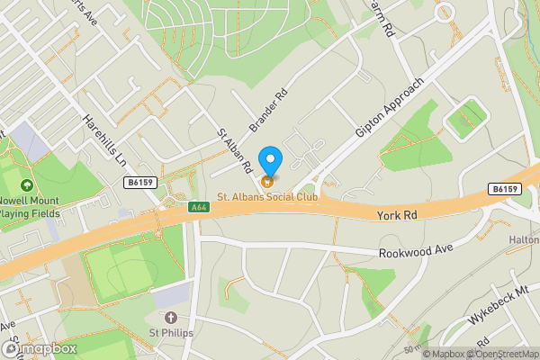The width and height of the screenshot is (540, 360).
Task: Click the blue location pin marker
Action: pyautogui.click(x=270, y=162)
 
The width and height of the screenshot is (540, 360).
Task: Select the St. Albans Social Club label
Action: pyautogui.click(x=267, y=196)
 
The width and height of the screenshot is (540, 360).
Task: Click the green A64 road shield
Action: pyautogui.click(x=199, y=207)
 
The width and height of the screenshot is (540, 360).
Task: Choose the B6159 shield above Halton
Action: pyautogui.click(x=506, y=189)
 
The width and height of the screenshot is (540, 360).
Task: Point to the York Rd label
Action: pyautogui.click(x=400, y=216)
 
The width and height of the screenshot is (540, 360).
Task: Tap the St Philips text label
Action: pyautogui.click(x=170, y=332)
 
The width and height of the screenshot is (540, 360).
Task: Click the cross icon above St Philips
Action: pyautogui.click(x=170, y=317)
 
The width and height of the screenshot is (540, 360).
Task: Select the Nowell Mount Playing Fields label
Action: pyautogui.click(x=29, y=207)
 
